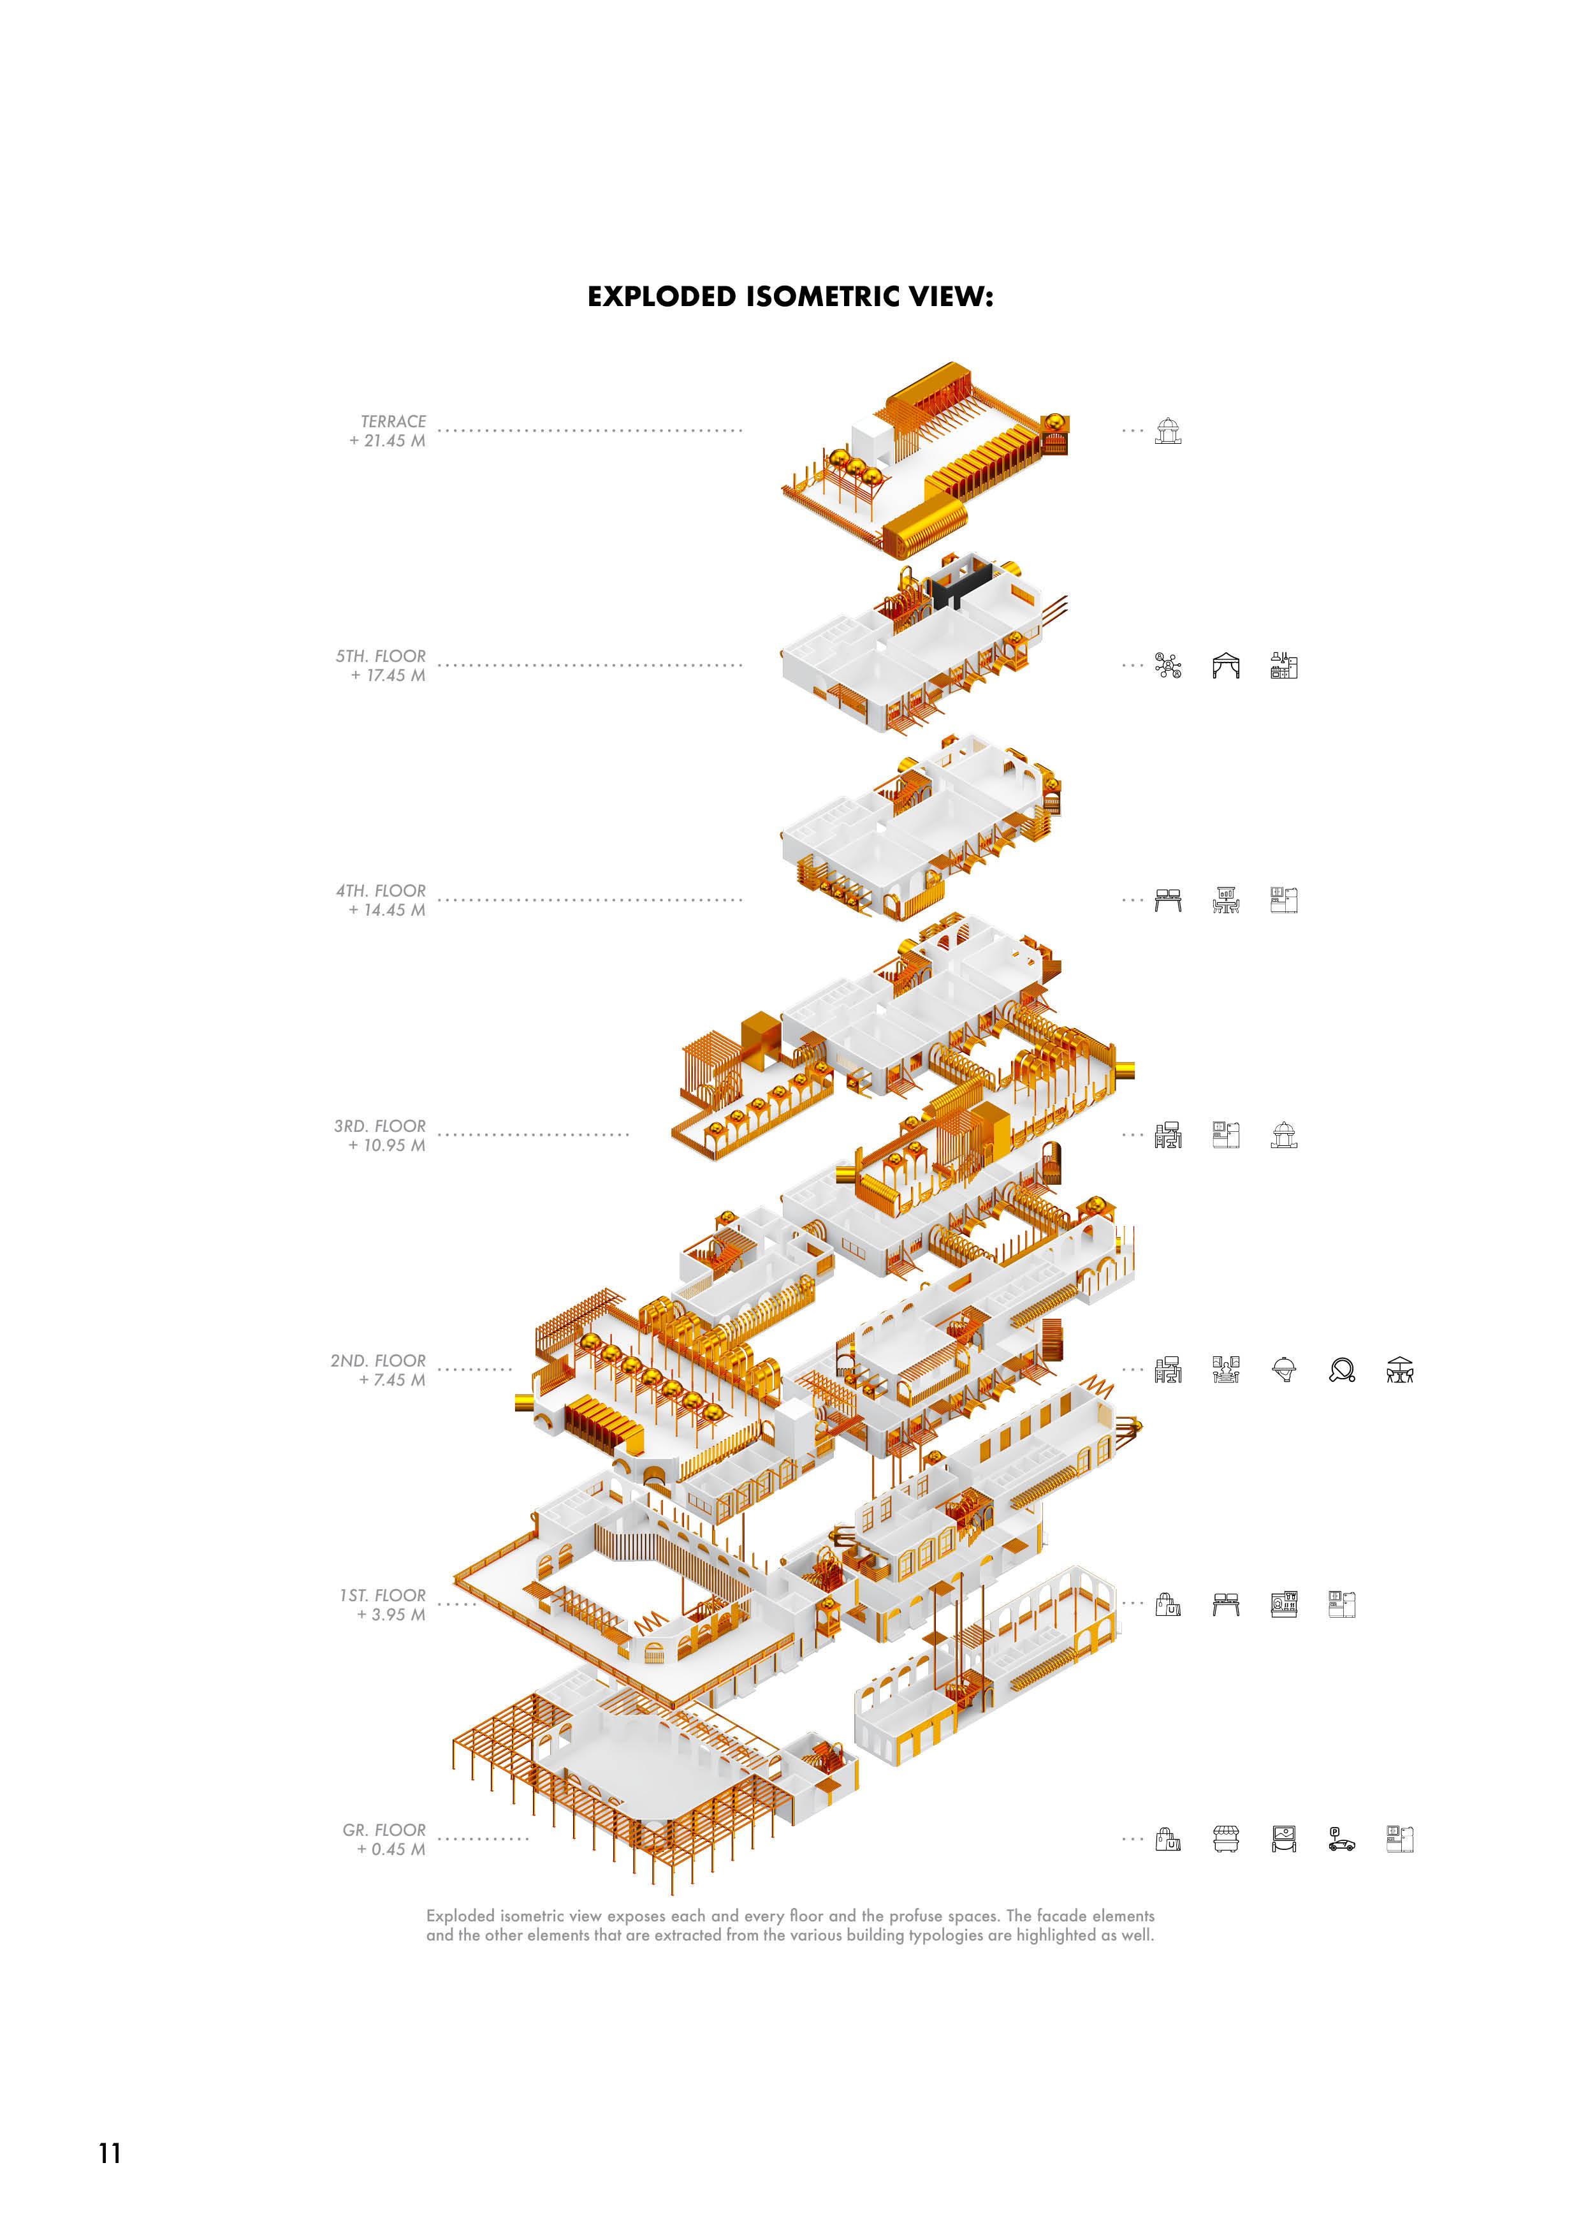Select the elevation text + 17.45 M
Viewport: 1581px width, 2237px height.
(388, 675)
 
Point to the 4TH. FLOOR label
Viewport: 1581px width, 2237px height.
(381, 890)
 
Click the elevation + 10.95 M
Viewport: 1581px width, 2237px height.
(387, 1145)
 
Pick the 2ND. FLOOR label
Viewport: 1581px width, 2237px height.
(378, 1360)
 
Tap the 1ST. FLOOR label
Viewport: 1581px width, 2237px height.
(383, 1595)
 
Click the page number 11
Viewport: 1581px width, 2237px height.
(109, 2152)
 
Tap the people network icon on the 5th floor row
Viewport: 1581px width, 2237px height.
(1168, 666)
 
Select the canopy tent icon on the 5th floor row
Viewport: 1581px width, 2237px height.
(1225, 666)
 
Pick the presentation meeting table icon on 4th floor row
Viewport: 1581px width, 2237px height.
(1225, 900)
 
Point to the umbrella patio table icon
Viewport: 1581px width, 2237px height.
(1400, 1370)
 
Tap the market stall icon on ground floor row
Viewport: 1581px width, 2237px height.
(1225, 1840)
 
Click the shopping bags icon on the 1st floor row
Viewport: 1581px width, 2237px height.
(1168, 1604)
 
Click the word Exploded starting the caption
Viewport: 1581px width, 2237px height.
(463, 1916)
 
